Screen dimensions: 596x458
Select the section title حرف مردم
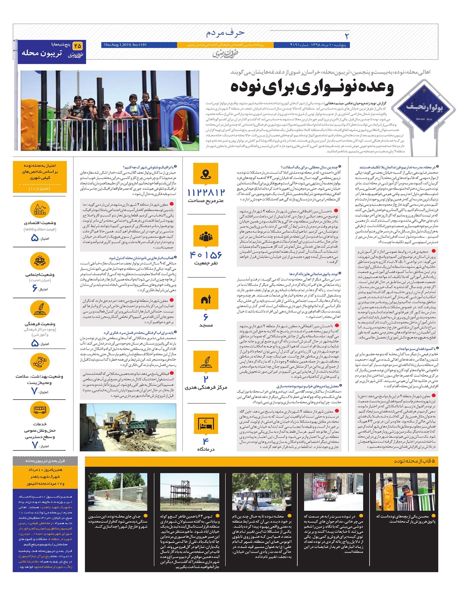[225, 33]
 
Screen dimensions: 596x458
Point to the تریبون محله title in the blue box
[42, 53]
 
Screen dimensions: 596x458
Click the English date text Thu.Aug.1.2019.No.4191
[125, 45]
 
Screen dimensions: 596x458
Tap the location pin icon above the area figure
[206, 175]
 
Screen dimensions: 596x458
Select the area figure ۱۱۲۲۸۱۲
[206, 193]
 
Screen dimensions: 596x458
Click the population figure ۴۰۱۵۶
[206, 255]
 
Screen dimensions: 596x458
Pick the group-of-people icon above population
[206, 237]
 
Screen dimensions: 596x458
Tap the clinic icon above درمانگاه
[206, 424]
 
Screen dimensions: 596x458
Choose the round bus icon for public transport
[40, 411]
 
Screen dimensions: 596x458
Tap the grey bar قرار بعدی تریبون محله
[45, 461]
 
